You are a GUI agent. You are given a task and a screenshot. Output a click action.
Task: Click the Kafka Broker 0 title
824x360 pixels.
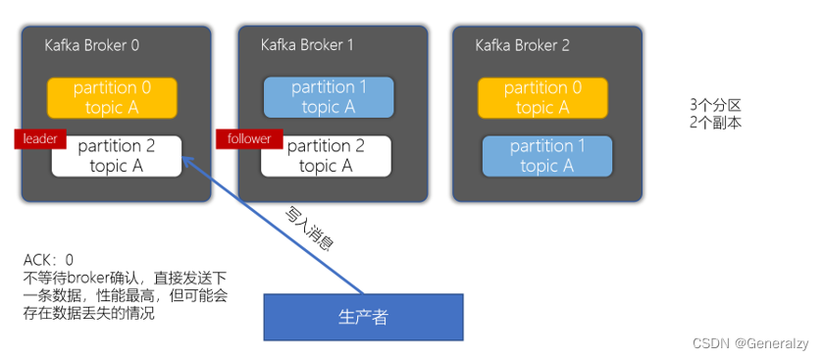coord(91,45)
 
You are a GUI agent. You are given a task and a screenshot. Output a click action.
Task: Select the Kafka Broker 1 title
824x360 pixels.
coord(307,45)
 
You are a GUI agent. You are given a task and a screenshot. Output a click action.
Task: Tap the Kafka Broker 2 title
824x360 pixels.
coord(522,45)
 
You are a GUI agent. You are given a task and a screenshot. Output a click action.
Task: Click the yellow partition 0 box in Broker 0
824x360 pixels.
coord(113,98)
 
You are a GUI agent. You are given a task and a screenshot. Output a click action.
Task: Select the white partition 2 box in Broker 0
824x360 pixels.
coord(117,156)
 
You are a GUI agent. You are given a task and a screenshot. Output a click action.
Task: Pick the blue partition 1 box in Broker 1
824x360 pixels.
coord(329,97)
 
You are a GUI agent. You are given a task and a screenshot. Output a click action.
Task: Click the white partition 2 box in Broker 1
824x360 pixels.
coord(327,156)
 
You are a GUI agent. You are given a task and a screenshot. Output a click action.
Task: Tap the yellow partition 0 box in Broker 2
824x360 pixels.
coord(542,98)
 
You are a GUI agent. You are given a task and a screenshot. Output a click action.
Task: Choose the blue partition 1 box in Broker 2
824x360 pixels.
coord(546,156)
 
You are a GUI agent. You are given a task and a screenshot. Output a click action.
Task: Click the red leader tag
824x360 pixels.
coord(39,139)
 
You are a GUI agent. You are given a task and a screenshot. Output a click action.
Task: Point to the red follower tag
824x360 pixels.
coord(249,139)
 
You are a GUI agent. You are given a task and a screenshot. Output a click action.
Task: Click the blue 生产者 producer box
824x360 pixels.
coord(362,316)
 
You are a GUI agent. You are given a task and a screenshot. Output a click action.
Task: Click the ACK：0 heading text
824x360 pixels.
coord(49,260)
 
